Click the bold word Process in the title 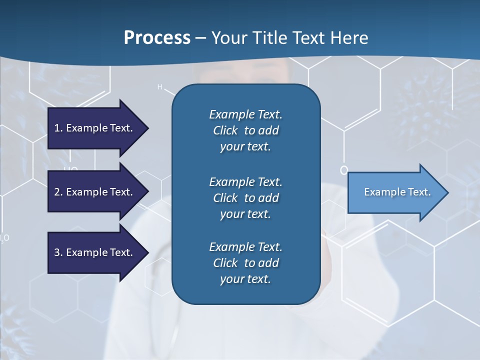(157, 38)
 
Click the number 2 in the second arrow (57, 192)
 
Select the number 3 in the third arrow (57, 252)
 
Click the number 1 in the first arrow (57, 128)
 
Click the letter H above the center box (160, 87)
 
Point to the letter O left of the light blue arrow (343, 170)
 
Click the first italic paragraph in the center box (245, 130)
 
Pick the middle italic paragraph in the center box (245, 198)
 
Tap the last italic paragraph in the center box (245, 263)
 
